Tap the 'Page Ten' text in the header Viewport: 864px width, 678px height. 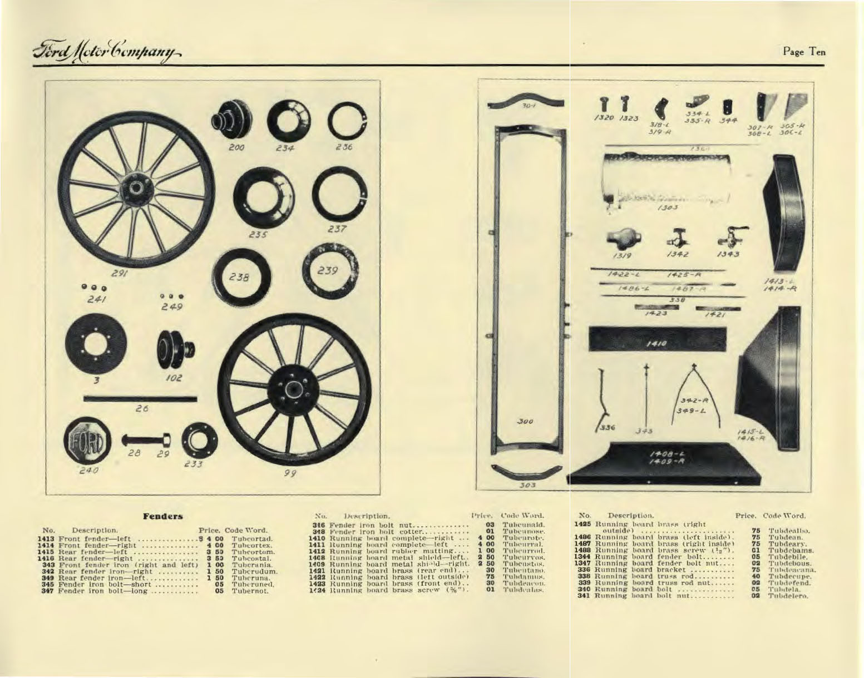(804, 52)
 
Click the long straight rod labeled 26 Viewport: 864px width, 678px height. (140, 398)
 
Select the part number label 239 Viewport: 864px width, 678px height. (328, 271)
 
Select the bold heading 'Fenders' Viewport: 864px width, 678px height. (163, 516)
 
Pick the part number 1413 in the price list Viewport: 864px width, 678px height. (45, 539)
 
